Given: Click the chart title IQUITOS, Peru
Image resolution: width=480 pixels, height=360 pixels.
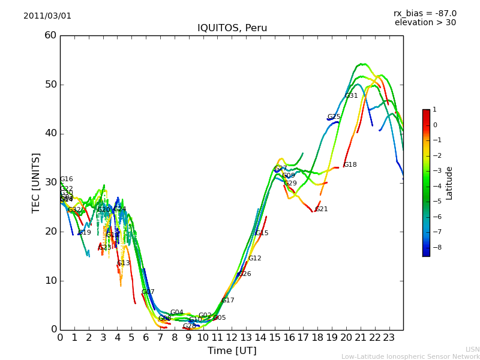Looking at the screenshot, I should coord(232,28).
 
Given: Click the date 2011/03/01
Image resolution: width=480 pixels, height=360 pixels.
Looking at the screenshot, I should coord(47,16).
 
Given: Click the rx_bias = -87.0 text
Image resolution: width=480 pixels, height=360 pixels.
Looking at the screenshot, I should coord(425,13).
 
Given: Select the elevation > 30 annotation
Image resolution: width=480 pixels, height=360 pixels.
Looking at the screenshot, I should coord(425,23).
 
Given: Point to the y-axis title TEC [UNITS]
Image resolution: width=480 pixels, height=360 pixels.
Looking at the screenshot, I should coord(37,182).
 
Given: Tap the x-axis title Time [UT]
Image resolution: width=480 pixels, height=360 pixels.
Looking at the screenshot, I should coord(232,350).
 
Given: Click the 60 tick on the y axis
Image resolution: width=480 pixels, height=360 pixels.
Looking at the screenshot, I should coord(50,35).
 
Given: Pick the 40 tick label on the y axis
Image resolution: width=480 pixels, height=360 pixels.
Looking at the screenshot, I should coord(50,133).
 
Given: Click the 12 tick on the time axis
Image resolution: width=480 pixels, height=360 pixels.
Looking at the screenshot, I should coord(232,337).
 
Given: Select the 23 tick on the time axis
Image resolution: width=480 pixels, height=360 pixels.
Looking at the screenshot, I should coord(389,337).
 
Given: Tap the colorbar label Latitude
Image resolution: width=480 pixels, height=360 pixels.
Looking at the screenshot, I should coord(449,183).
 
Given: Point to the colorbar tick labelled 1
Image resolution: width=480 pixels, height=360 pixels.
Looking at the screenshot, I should coord(435,110).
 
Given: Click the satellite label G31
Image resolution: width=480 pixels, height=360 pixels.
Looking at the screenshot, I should coord(351,96).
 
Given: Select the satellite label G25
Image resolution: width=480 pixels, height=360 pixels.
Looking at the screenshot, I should coord(334,117).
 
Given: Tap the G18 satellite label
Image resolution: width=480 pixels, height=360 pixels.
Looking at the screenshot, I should coord(350,165).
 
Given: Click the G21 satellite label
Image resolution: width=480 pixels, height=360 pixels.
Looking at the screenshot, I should coord(321,209).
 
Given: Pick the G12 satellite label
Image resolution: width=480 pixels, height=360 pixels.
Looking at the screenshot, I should coord(254,259).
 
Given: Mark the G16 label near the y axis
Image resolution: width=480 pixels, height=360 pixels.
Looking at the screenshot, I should coord(66,179).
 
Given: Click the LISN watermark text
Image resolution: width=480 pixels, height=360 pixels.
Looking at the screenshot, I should coord(473,349).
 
